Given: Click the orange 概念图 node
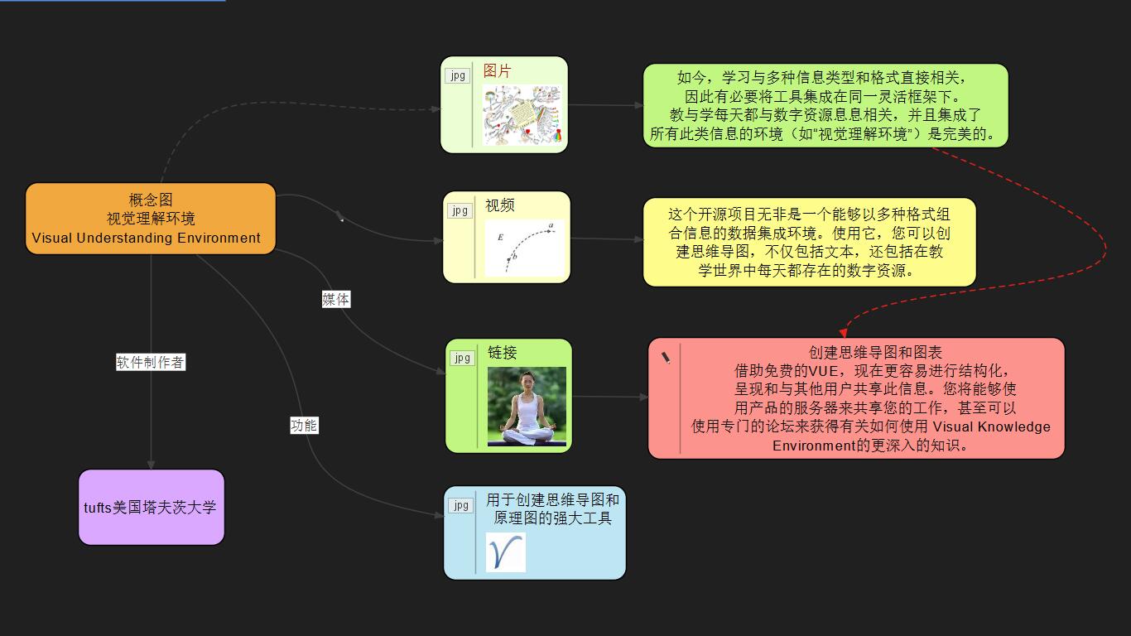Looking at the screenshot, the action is coord(151,219).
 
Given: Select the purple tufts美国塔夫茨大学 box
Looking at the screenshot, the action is coord(152,507).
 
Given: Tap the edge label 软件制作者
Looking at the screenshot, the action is coord(151,362).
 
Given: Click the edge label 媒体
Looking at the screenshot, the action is coord(336,300).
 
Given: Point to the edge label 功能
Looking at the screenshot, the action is coord(304,426).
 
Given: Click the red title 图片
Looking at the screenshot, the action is coord(497,70).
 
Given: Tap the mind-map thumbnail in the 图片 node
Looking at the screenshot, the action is coord(522,114).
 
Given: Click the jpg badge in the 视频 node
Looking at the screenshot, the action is coord(460,210).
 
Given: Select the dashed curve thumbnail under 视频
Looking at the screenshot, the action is coord(524,248).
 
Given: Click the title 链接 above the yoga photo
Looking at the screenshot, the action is coord(502,352).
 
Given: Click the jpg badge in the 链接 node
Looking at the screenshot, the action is coord(463,358).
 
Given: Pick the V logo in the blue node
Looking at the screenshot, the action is coord(505,552).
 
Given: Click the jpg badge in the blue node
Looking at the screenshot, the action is coord(461,505).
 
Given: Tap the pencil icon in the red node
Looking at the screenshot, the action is coord(666,358).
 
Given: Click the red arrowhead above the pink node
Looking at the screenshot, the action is coord(843,333).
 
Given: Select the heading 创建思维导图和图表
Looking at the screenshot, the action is coord(875,352).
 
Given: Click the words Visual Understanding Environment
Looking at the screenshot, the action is coord(146,238).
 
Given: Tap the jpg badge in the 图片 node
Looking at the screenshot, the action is coord(457,75).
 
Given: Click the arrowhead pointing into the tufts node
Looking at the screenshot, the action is coord(151,465).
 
